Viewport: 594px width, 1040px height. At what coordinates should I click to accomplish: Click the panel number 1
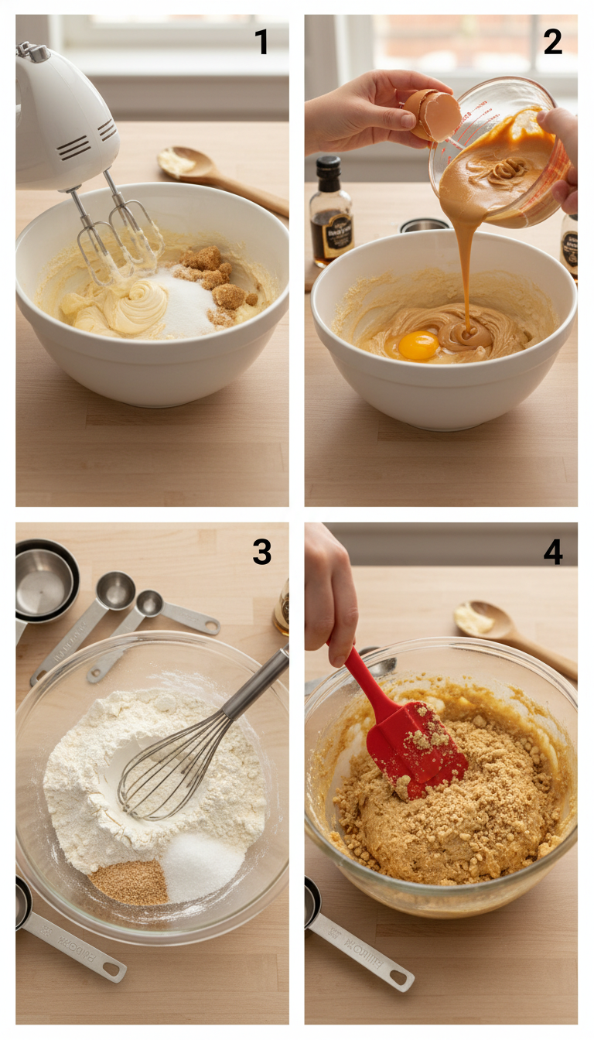tap(261, 42)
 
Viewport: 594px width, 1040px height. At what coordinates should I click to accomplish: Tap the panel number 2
tap(552, 42)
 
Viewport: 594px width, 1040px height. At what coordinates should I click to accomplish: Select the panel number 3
tap(261, 552)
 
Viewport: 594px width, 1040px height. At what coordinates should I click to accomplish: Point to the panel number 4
tap(552, 552)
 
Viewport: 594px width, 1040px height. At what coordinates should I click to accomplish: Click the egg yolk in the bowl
tap(418, 345)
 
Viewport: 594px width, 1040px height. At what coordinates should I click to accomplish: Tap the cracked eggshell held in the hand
tap(433, 114)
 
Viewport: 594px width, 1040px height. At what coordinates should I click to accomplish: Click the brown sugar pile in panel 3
tap(130, 882)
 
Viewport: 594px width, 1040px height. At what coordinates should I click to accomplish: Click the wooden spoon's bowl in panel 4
tap(480, 619)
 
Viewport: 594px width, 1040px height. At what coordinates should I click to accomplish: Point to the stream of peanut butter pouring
tap(467, 263)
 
